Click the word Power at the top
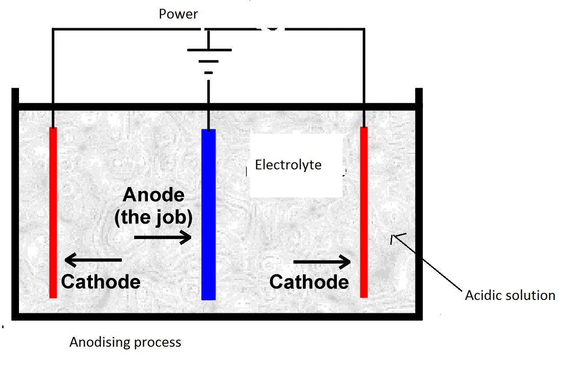[178, 14]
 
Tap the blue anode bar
[208, 214]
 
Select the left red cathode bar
[53, 213]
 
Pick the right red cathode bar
[364, 212]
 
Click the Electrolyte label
[288, 165]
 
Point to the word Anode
[154, 195]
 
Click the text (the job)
[153, 218]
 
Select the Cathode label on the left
[101, 281]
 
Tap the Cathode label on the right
[309, 282]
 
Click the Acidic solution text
[510, 296]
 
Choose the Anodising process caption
[125, 342]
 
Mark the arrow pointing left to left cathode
[93, 260]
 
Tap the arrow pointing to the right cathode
[322, 262]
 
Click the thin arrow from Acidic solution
[426, 262]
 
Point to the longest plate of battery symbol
[209, 50]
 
